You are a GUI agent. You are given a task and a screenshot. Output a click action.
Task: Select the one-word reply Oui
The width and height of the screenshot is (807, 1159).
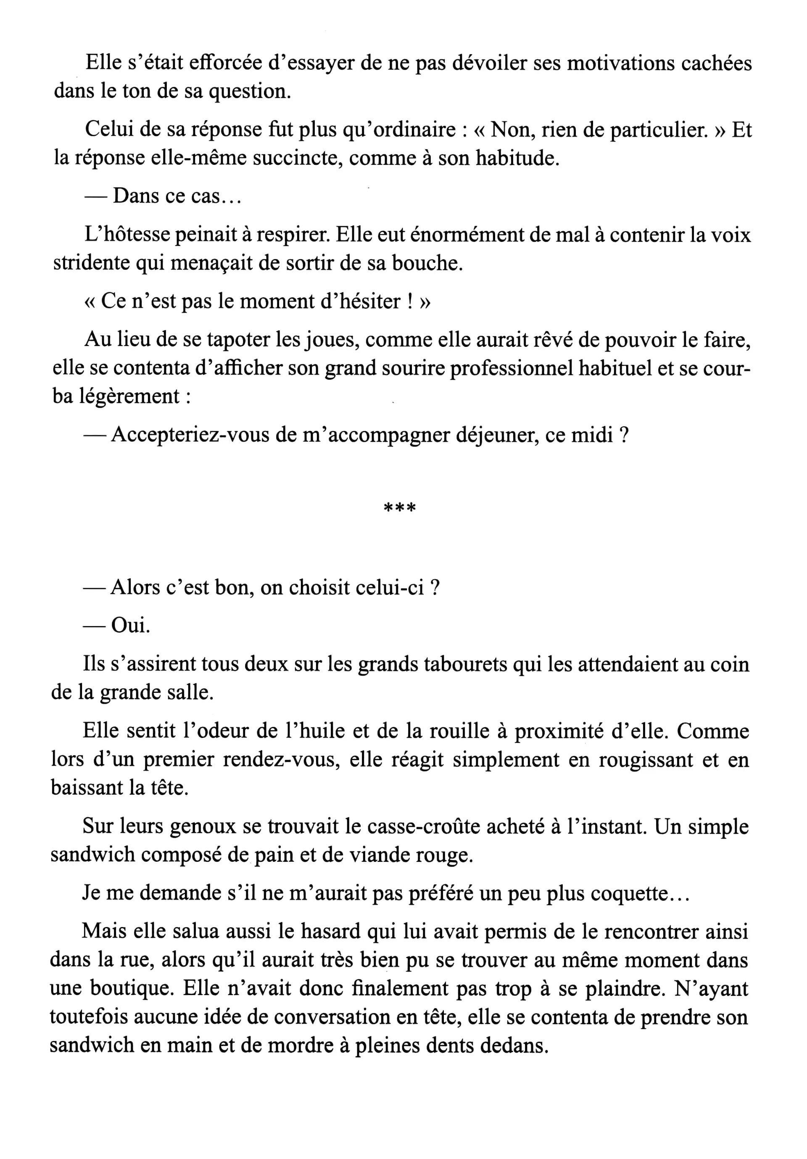[130, 626]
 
